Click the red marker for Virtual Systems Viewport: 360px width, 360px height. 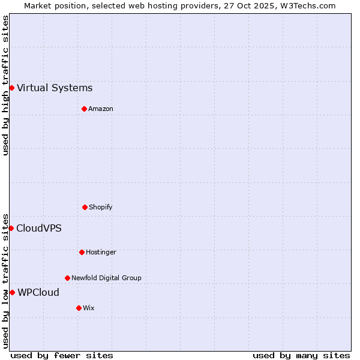[11, 88]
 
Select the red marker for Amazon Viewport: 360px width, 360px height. [84, 109]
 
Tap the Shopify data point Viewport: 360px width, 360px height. [85, 207]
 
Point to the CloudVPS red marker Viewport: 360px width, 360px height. [11, 228]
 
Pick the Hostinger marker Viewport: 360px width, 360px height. [82, 252]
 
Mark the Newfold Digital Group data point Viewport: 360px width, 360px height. [67, 278]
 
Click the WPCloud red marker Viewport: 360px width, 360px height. [12, 292]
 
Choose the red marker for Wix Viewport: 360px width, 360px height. [79, 308]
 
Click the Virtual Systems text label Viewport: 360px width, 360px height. [55, 88]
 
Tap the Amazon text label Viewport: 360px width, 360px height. [101, 109]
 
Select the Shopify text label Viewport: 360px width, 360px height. [101, 207]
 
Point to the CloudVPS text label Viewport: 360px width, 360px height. [39, 228]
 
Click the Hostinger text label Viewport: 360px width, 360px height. [101, 252]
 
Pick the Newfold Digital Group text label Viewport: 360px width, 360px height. [106, 278]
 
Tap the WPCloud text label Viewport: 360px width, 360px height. [38, 292]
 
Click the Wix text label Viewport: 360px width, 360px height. [89, 308]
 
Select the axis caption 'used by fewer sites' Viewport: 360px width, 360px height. [62, 355]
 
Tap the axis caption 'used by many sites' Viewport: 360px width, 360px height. [301, 355]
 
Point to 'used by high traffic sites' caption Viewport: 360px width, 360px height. [5, 85]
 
